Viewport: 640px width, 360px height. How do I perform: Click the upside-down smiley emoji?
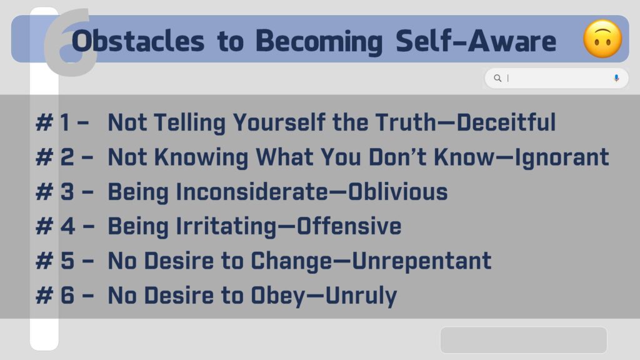602,39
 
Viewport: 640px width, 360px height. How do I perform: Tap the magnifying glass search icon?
497,78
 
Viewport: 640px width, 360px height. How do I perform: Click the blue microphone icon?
616,78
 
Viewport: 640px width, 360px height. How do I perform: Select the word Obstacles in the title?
137,41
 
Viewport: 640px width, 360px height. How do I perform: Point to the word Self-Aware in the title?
476,41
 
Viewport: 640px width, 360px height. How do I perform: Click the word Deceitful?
506,122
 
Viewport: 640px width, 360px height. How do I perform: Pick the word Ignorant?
562,157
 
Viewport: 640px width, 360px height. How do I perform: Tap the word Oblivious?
398,192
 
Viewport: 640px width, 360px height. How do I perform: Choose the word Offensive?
349,226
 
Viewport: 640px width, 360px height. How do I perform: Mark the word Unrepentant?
422,261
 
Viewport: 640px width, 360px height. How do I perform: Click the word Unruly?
361,296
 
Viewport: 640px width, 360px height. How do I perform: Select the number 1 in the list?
65,122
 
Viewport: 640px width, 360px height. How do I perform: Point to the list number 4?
67,226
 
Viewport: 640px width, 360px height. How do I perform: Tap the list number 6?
67,295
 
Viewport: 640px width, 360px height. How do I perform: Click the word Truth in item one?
406,122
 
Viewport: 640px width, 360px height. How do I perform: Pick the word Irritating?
226,227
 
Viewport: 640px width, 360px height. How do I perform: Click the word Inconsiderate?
252,192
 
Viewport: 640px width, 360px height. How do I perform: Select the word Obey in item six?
278,296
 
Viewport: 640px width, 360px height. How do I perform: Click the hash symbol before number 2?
44,157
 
